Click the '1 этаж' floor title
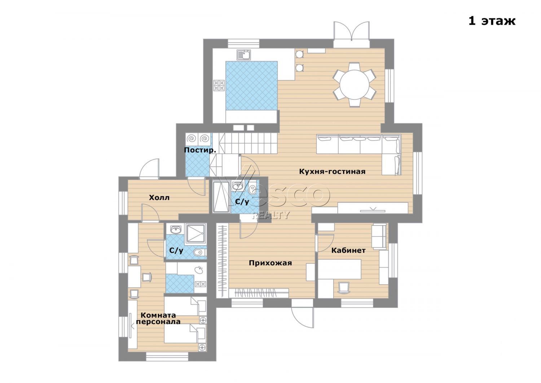click(492, 21)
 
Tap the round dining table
click(354, 84)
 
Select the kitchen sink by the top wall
click(244, 55)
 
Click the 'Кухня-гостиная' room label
click(332, 172)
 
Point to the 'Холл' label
click(159, 198)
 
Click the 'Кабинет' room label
click(348, 250)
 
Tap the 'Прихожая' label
click(270, 263)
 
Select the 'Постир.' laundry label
click(200, 150)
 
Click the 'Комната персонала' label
click(158, 318)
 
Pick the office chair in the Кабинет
click(343, 288)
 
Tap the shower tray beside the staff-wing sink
click(195, 234)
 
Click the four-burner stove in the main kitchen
click(219, 86)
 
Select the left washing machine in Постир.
click(192, 139)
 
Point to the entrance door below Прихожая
click(302, 314)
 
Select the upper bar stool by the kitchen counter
click(299, 54)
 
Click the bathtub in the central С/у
click(221, 197)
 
